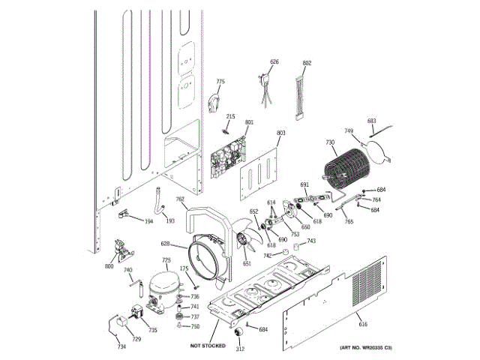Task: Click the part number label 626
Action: pos(274,61)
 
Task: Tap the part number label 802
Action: pos(307,63)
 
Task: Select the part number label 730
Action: pos(330,142)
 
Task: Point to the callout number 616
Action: pos(363,324)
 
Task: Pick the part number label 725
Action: pos(166,261)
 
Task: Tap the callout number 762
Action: pos(180,199)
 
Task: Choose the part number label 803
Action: pos(280,133)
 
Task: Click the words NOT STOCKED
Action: pos(208,346)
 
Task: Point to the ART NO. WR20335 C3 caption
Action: pos(365,348)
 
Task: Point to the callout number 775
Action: pos(220,82)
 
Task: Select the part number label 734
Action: pos(121,346)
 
